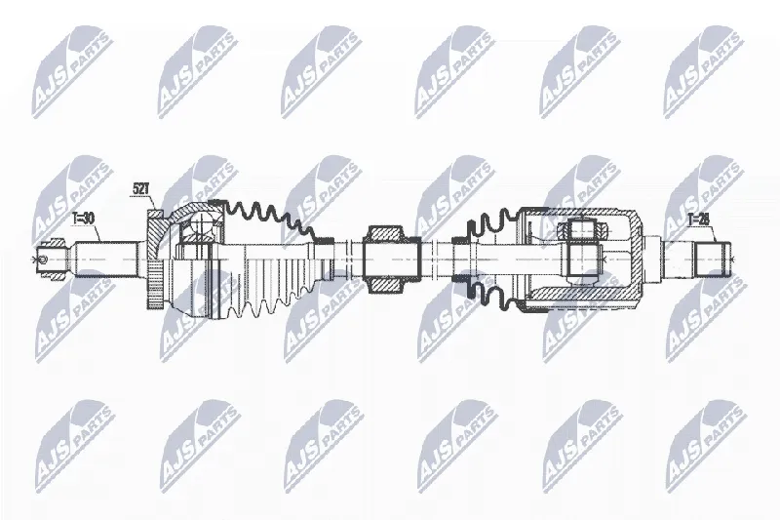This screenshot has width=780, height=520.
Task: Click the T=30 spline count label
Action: (83, 220)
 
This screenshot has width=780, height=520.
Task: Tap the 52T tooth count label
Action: (141, 188)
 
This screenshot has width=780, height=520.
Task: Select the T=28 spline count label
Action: (698, 219)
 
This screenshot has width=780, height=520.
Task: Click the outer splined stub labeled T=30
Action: (107, 259)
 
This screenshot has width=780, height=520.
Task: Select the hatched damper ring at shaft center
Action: (384, 259)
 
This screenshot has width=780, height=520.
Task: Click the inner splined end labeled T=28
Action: (713, 260)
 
